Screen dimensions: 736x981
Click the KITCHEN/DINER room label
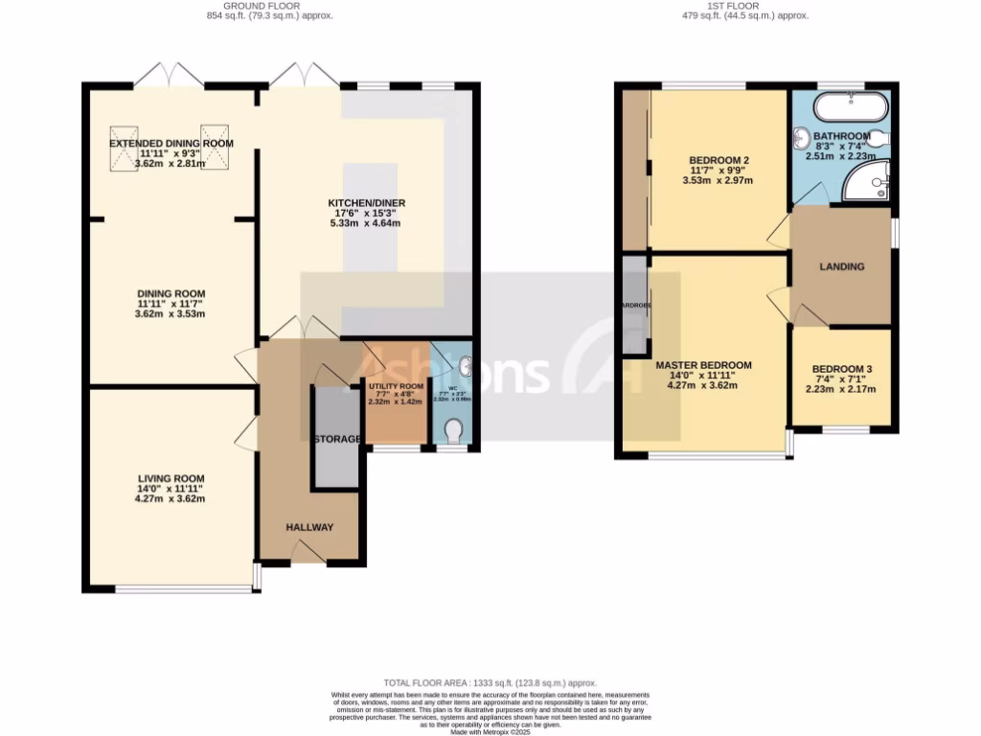364,203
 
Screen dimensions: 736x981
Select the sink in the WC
465,365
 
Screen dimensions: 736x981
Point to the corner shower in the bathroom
868,182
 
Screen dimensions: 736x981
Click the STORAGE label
336,439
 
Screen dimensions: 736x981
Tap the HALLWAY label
309,527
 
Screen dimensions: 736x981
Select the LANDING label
842,266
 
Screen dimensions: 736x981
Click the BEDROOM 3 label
842,369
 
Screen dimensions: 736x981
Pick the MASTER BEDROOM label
703,365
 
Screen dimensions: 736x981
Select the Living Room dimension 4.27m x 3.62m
171,498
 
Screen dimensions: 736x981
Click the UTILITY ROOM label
395,386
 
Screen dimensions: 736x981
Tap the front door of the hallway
308,552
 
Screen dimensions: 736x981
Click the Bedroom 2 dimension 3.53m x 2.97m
718,180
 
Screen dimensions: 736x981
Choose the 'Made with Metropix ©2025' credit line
490,731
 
